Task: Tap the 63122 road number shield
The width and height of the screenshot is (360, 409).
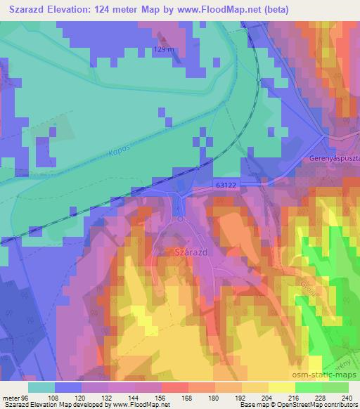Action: coord(225,183)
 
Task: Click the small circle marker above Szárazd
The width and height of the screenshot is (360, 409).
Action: coord(181,219)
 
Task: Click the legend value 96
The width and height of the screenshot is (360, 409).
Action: coord(27,397)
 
